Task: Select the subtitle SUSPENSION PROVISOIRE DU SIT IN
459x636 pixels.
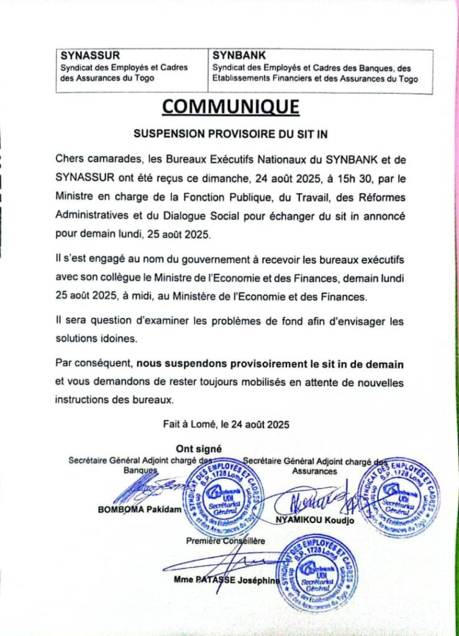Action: pos(230,134)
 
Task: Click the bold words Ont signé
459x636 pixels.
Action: pos(198,448)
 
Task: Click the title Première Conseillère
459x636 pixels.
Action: pos(225,541)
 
